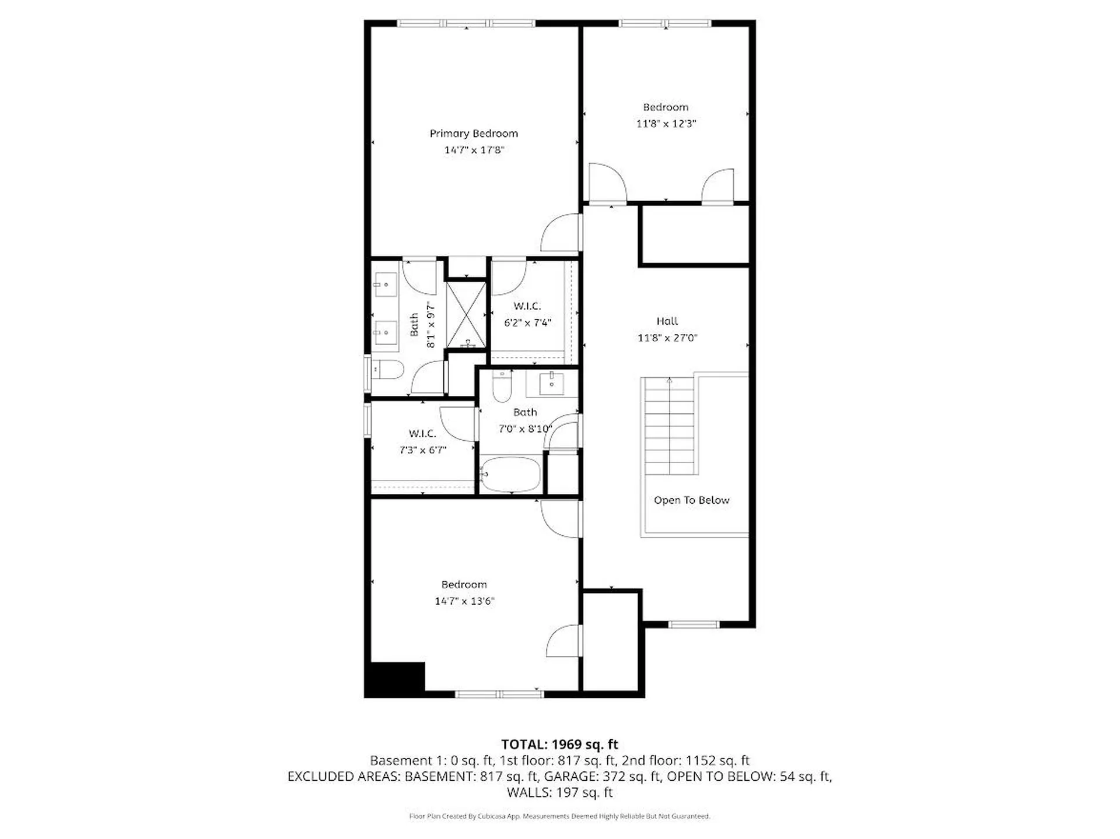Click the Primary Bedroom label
pos(474,134)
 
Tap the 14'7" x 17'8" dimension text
pos(474,150)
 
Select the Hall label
pos(667,321)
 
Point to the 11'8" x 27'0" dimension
pos(667,338)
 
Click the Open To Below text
pos(691,500)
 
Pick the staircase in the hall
pos(669,426)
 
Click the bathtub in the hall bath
pos(511,475)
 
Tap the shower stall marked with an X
pos(466,315)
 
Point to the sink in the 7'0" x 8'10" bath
pos(551,384)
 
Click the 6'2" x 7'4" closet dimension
pos(527,322)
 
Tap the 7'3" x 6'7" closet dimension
pos(422,450)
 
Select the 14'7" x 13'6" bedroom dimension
pos(464,601)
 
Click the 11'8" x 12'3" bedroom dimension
pos(666,124)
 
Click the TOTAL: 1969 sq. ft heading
pos(559,745)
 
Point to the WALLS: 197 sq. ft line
pos(559,792)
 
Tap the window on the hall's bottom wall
pos(693,624)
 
